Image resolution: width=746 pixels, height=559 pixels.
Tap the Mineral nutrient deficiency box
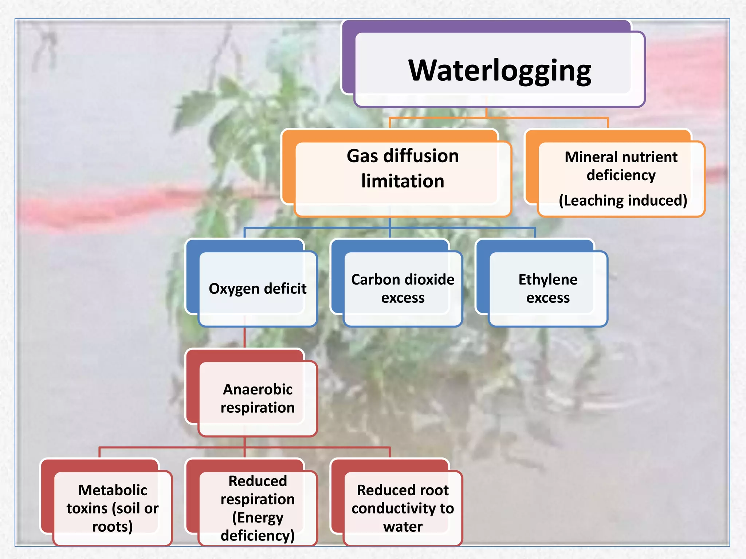point(621,178)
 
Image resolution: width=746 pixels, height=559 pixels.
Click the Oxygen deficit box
point(257,289)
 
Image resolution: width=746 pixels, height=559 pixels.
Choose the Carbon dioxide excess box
point(403,289)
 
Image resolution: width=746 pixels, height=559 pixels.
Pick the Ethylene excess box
point(548,289)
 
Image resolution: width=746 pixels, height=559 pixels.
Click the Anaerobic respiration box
point(257,399)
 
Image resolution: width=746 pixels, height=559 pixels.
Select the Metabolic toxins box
point(112,508)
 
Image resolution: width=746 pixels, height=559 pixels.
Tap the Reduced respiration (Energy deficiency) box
point(257,508)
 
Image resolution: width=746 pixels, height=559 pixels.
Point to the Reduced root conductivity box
point(403,508)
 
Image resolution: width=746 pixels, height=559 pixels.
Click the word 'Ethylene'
point(548,279)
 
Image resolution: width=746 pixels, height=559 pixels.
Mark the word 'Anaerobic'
point(258,389)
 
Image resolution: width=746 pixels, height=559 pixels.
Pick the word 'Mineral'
point(589,157)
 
